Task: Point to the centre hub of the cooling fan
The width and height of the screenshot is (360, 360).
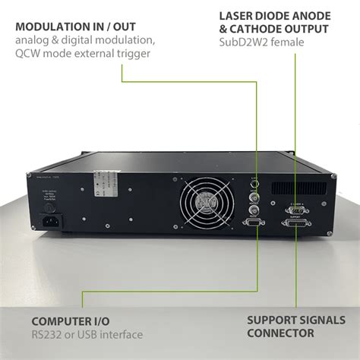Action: click(204, 204)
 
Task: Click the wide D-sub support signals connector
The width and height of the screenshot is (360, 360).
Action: click(296, 226)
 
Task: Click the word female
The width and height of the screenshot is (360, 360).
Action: click(289, 43)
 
